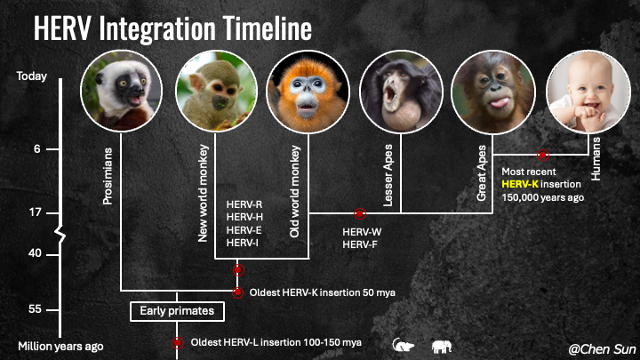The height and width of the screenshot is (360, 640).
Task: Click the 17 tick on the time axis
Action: [x=36, y=212]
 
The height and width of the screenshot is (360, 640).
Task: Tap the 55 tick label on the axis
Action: [x=36, y=309]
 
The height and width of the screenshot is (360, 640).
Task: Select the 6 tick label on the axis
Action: [x=36, y=148]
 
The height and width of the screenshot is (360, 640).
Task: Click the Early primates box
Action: [x=178, y=311]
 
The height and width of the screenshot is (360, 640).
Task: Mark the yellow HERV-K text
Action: [x=520, y=184]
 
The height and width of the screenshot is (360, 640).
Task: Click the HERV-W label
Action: [x=362, y=232]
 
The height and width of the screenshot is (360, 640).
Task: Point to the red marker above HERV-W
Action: [x=360, y=213]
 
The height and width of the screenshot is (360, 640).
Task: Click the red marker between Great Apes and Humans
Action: [x=541, y=155]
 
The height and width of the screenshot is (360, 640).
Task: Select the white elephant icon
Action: [x=443, y=345]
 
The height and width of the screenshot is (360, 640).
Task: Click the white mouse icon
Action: [x=403, y=345]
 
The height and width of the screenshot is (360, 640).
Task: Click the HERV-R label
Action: [x=244, y=204]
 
